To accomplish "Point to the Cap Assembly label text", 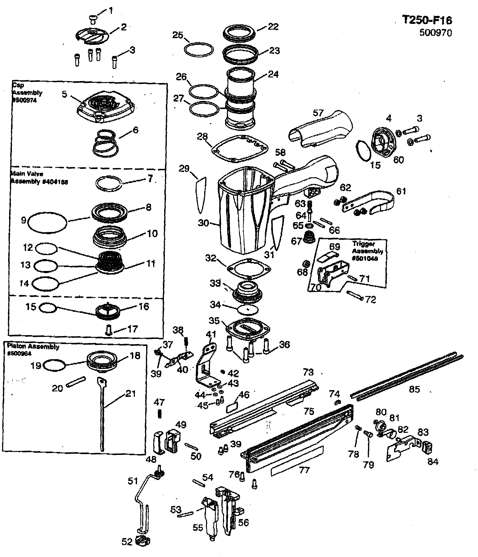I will pyautogui.click(x=27, y=93).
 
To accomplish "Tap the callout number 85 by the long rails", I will pyautogui.click(x=414, y=389).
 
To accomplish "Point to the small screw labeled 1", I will pyautogui.click(x=93, y=19).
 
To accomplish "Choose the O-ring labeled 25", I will pyautogui.click(x=199, y=50).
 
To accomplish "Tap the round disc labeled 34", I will pyautogui.click(x=248, y=310).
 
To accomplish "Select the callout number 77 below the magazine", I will pyautogui.click(x=304, y=470).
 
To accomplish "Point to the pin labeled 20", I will pyautogui.click(x=76, y=382).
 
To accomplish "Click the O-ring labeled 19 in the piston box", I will pyautogui.click(x=54, y=366).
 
